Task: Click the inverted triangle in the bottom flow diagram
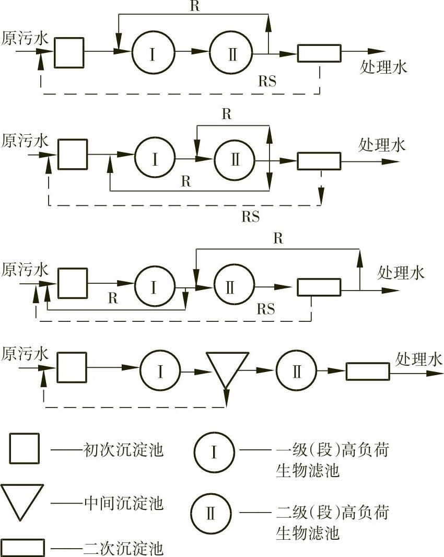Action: coord(226,367)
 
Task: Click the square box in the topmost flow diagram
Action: coord(69,52)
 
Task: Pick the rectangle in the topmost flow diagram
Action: coord(319,53)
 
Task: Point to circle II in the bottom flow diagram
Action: coord(297,372)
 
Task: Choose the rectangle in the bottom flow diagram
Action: coord(367,372)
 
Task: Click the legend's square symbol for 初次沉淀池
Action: coord(24,449)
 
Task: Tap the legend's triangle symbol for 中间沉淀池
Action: coord(22,500)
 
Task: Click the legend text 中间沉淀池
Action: coord(124,504)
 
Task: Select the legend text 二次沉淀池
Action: coord(124,549)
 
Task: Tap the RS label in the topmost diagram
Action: coord(267,81)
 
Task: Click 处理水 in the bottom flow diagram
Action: coord(419,359)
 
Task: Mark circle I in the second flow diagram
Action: coord(155,159)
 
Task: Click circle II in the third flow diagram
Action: coord(233,286)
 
